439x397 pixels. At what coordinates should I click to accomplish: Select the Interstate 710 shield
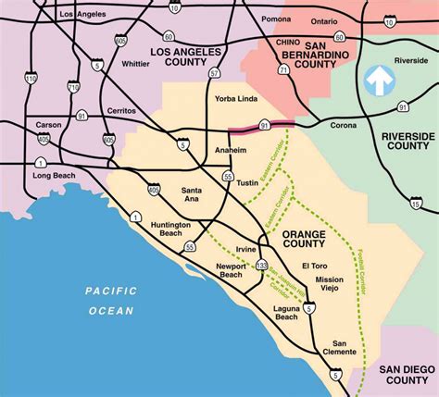point(75,85)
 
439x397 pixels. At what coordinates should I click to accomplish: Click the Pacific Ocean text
point(111,301)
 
